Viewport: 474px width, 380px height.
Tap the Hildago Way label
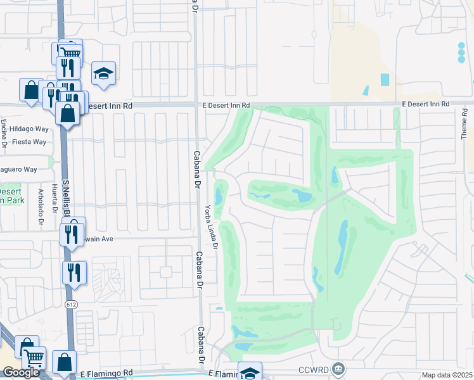29,129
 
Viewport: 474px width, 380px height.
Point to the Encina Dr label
4,133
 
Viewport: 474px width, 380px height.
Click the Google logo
21,372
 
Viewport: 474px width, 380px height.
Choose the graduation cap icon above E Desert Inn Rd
103,74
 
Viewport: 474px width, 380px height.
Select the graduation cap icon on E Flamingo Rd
250,372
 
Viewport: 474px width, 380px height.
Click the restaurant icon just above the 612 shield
74,272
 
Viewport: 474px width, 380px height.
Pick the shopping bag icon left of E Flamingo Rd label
64,363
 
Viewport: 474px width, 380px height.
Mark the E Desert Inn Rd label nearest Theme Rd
425,104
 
